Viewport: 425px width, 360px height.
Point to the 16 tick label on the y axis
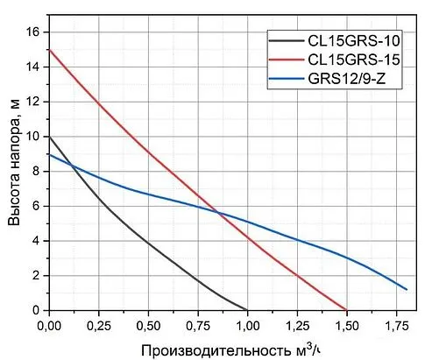pos(32,32)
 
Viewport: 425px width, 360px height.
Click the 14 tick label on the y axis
pos(32,67)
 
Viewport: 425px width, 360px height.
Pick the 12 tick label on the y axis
pos(32,102)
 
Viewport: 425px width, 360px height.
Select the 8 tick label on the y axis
pos(36,172)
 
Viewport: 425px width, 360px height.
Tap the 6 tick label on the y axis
pos(36,206)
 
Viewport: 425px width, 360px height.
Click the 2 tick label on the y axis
pos(36,276)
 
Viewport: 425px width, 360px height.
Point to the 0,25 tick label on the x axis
pos(99,326)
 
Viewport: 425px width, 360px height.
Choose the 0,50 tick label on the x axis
pos(149,326)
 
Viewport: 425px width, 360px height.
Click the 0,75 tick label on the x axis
pos(198,326)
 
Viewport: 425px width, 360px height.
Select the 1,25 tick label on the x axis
pos(297,326)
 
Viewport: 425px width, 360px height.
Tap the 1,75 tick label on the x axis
pos(396,326)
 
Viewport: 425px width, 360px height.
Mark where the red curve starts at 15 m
pos(50,49)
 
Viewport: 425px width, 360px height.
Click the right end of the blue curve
pos(407,289)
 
